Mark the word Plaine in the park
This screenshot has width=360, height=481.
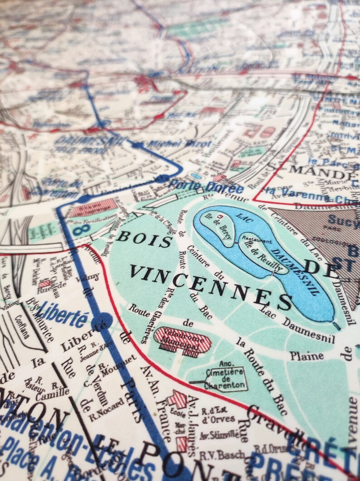(x=307, y=355)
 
